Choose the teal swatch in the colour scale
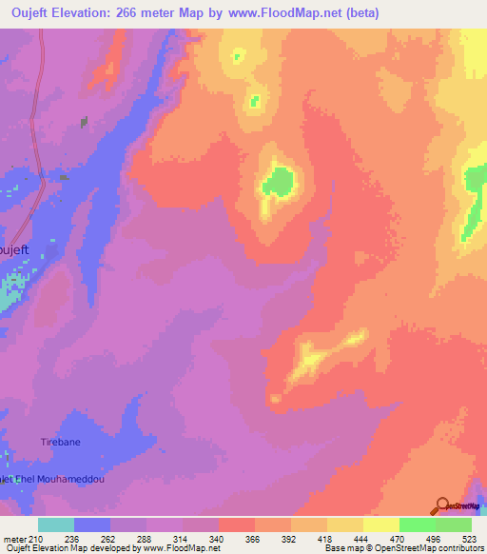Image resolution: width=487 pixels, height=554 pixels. pyautogui.click(x=56, y=524)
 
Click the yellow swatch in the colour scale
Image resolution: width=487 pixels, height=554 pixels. pyautogui.click(x=381, y=524)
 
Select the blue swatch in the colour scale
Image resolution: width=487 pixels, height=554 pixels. pyautogui.click(x=92, y=524)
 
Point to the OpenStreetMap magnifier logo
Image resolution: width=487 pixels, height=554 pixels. pyautogui.click(x=442, y=505)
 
